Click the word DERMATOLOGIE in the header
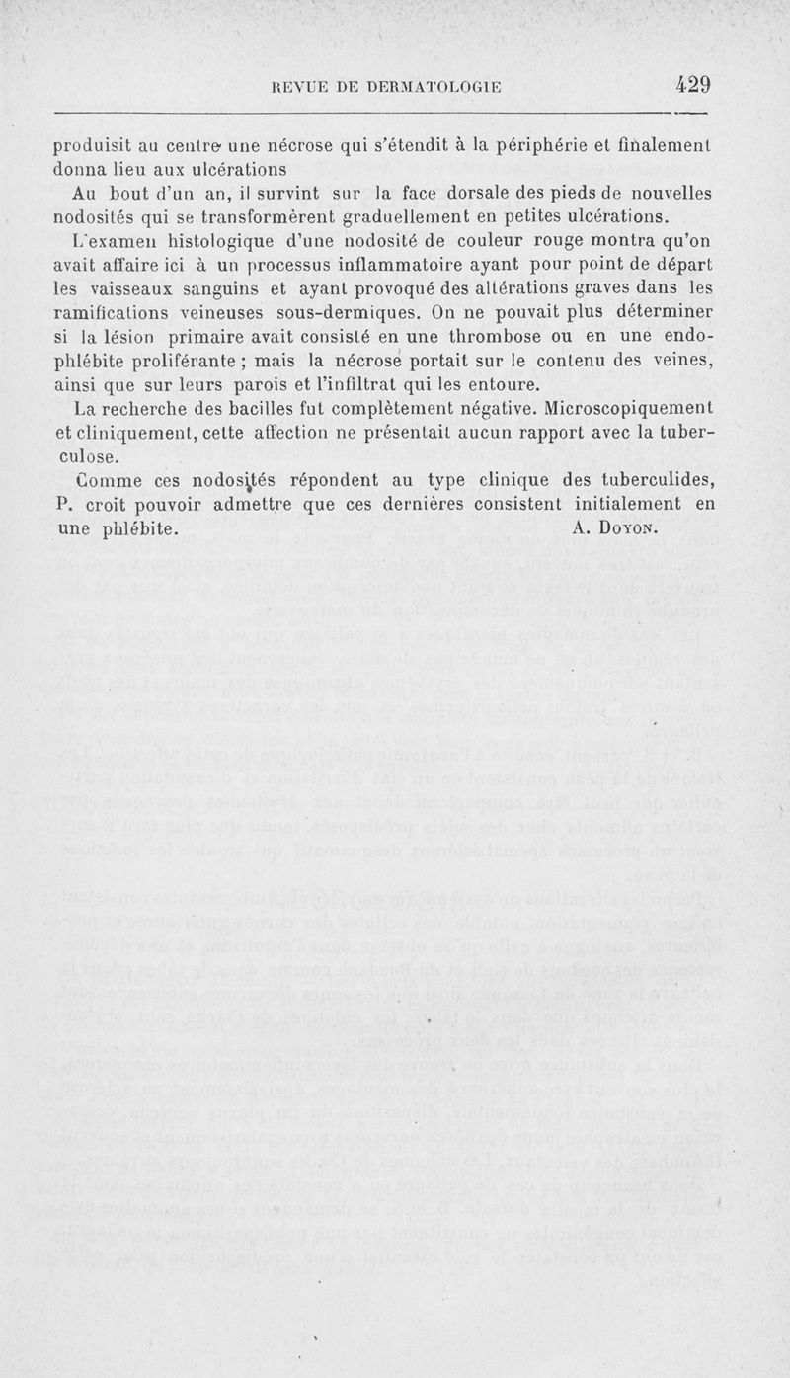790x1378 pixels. (426, 87)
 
